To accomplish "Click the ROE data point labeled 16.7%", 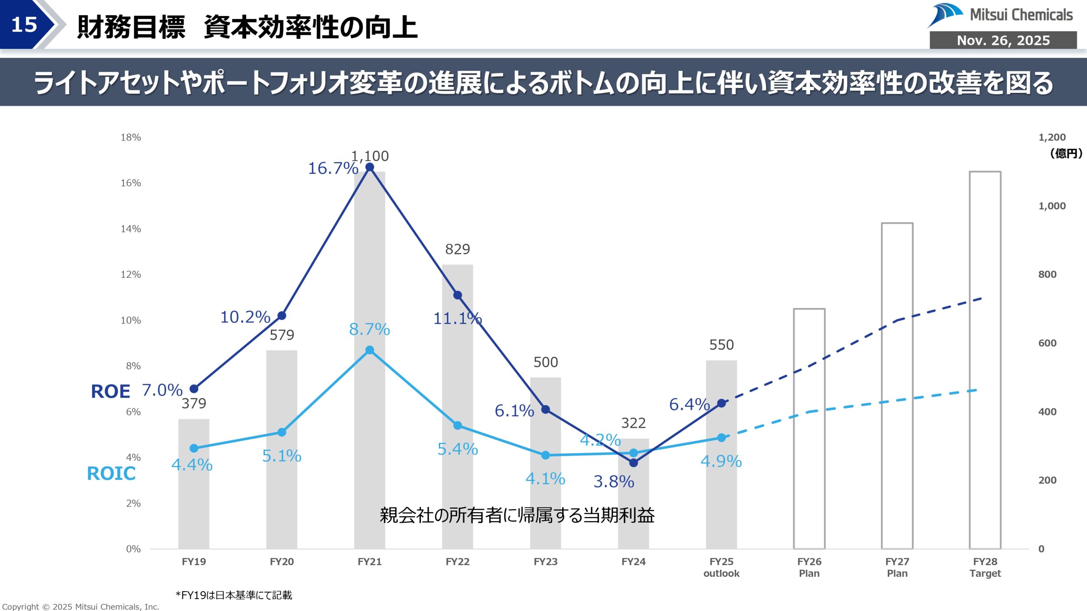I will (369, 167).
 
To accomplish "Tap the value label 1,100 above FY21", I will (370, 156).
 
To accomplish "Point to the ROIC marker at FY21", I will (369, 350).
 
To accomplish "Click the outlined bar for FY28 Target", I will (985, 361).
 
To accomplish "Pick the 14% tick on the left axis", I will (130, 229).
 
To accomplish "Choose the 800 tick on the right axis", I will (1047, 275).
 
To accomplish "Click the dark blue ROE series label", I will (110, 391).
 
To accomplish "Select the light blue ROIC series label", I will (111, 474).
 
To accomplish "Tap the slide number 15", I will (24, 25).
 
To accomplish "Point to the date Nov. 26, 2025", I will (1003, 40).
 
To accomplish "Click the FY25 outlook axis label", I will (721, 567).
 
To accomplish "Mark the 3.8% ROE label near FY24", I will (614, 482).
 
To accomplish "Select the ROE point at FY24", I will (633, 463).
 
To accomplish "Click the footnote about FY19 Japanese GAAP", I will (234, 595).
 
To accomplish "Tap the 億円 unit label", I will (1066, 153).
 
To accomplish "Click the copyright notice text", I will (81, 607).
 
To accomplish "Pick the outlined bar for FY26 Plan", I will (809, 429).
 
